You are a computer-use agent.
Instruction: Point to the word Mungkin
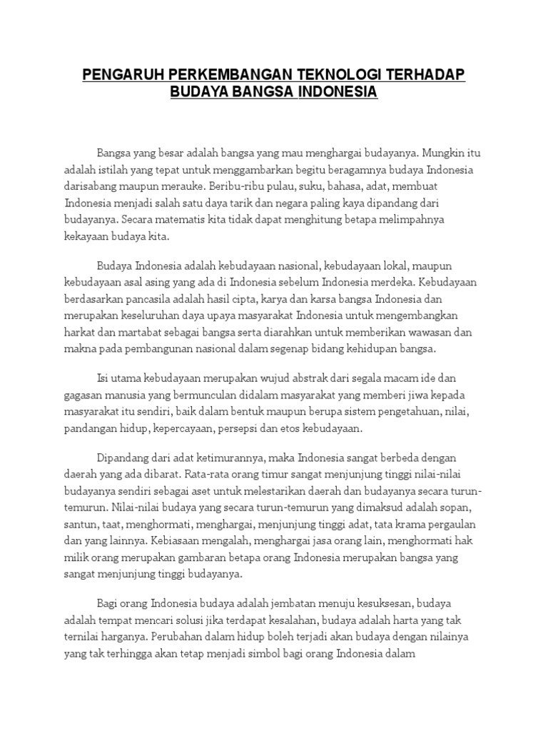click(447, 152)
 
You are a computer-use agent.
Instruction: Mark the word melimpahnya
click(412, 220)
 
